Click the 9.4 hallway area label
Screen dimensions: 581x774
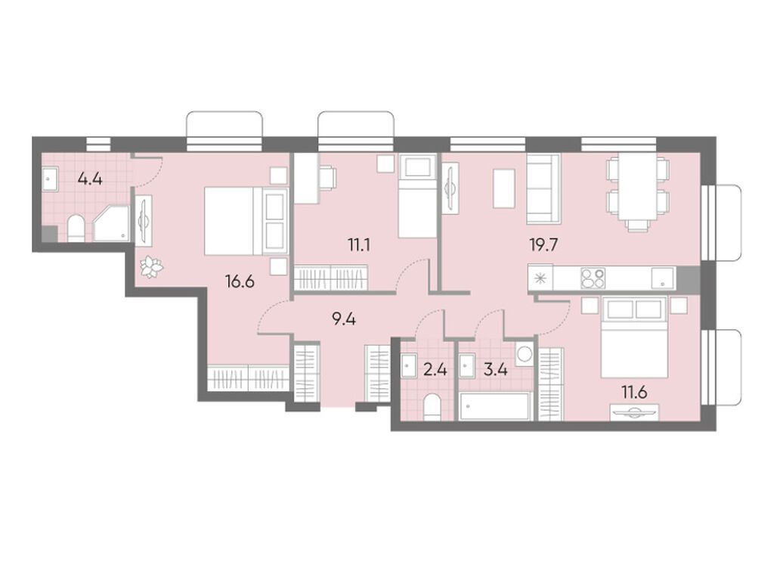tap(344, 318)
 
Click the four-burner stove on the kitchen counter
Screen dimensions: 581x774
tap(593, 278)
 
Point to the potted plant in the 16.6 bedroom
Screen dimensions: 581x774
tap(152, 266)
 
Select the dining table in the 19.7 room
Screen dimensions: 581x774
tap(637, 191)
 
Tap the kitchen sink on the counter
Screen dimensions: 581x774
tap(662, 278)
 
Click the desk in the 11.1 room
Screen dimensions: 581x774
tap(305, 179)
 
